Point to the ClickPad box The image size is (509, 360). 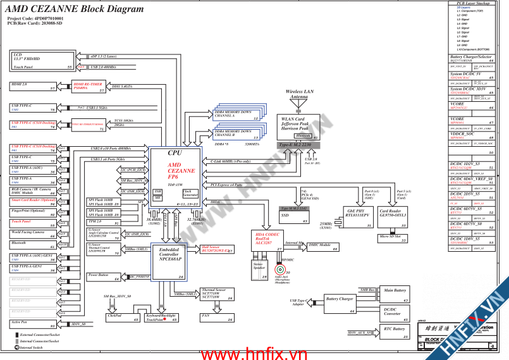(124, 317)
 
